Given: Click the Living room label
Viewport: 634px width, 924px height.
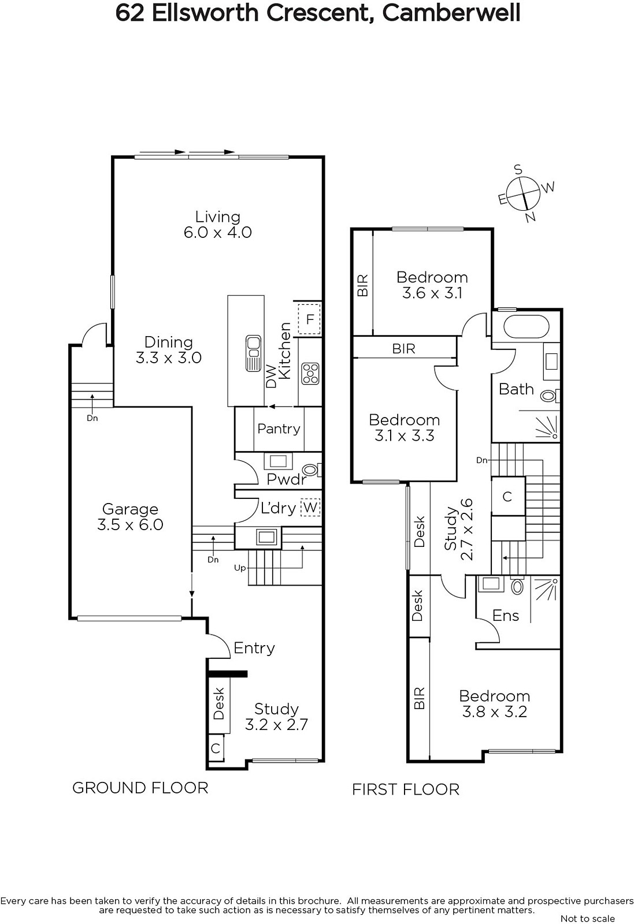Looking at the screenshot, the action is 217,217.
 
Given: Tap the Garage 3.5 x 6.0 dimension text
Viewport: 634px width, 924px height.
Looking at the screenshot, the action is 130,525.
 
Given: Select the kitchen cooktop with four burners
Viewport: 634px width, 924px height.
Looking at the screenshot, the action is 310,374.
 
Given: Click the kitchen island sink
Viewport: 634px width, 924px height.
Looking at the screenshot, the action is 253,353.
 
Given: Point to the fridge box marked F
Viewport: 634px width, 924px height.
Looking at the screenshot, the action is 310,319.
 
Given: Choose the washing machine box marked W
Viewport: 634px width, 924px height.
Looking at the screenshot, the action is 310,507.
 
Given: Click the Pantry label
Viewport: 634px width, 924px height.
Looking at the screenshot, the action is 279,429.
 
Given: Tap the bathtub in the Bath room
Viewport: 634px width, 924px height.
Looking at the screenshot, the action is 527,327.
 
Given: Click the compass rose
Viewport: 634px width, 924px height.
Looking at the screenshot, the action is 524,194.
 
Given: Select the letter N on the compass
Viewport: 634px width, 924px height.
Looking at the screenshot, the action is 531,217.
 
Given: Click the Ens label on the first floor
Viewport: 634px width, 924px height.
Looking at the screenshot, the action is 506,616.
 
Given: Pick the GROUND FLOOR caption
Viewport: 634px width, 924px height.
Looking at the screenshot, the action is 140,788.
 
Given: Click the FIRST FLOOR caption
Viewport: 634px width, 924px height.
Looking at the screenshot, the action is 406,789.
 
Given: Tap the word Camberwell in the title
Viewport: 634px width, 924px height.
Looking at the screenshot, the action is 451,14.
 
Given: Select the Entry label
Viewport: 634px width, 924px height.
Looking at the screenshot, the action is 254,648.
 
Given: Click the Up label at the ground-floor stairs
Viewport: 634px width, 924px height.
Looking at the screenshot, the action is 240,568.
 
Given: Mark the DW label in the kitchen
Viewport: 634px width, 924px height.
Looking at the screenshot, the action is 271,376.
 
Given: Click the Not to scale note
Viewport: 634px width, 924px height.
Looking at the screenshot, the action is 588,918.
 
